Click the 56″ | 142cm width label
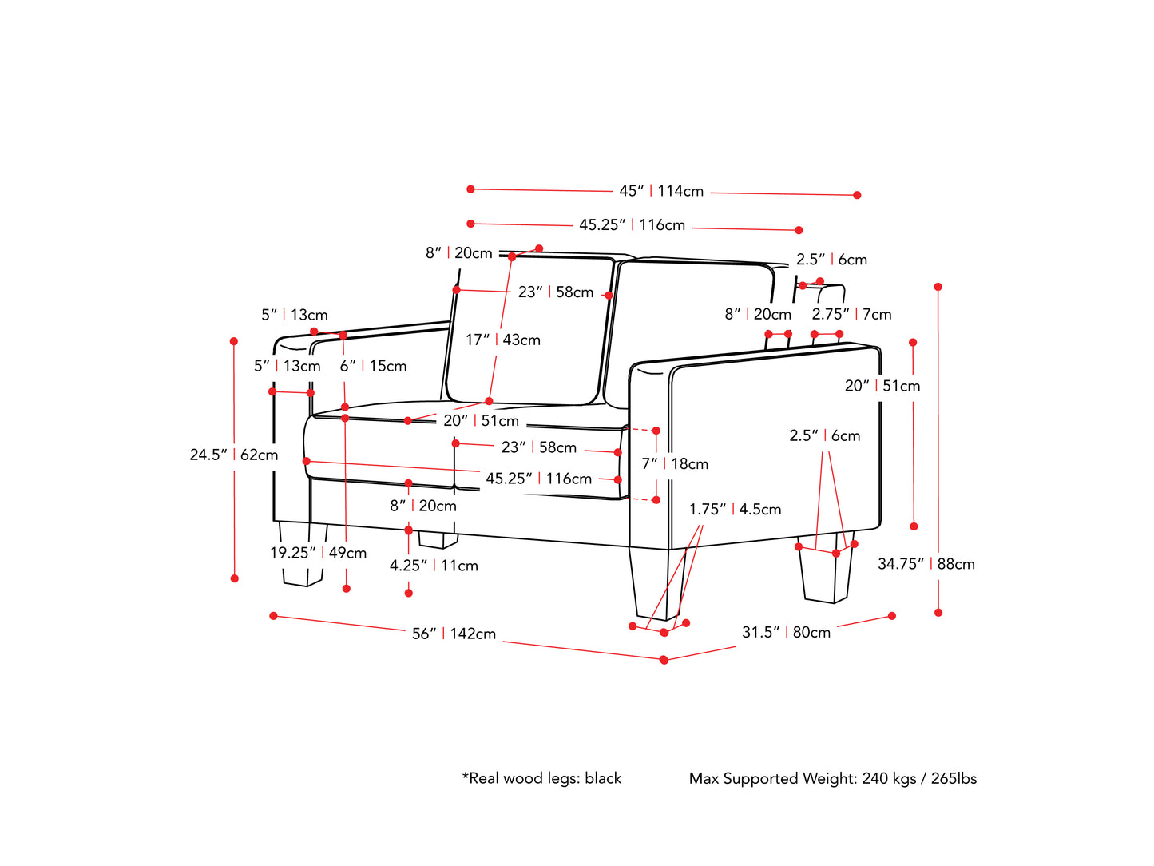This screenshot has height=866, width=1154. (x=454, y=634)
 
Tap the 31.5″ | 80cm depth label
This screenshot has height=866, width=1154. (x=786, y=632)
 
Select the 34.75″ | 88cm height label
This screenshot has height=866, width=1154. (x=926, y=564)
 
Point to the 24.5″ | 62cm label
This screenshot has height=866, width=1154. (x=234, y=455)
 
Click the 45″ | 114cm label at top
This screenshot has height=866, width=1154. (x=661, y=191)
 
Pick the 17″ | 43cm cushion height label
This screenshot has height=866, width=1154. (x=503, y=340)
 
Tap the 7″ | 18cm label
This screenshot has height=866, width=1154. (x=675, y=463)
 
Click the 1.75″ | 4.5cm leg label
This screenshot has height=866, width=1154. (x=735, y=509)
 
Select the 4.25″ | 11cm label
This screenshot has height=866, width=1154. (x=434, y=566)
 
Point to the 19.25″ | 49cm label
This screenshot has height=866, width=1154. (x=318, y=553)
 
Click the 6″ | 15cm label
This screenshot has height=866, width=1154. (x=373, y=366)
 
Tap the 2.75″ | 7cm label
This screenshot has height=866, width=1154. (x=851, y=314)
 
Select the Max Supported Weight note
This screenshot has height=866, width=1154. (x=832, y=778)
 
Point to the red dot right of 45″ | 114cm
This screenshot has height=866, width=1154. (x=857, y=195)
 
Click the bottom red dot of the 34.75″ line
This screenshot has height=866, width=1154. (x=938, y=613)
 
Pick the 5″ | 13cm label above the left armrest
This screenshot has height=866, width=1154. (x=294, y=315)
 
